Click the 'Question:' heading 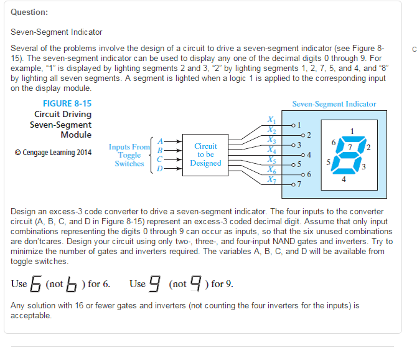29,12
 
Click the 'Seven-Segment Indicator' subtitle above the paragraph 56,32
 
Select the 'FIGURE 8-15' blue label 67,104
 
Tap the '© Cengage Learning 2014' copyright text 53,153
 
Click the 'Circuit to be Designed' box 205,154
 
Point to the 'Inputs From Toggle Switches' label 129,155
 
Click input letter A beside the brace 159,142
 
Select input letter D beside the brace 159,168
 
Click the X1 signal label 270,120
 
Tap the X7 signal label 270,179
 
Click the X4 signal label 270,149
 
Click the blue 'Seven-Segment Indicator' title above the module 334,104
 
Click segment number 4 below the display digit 344,179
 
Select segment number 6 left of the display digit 334,143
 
